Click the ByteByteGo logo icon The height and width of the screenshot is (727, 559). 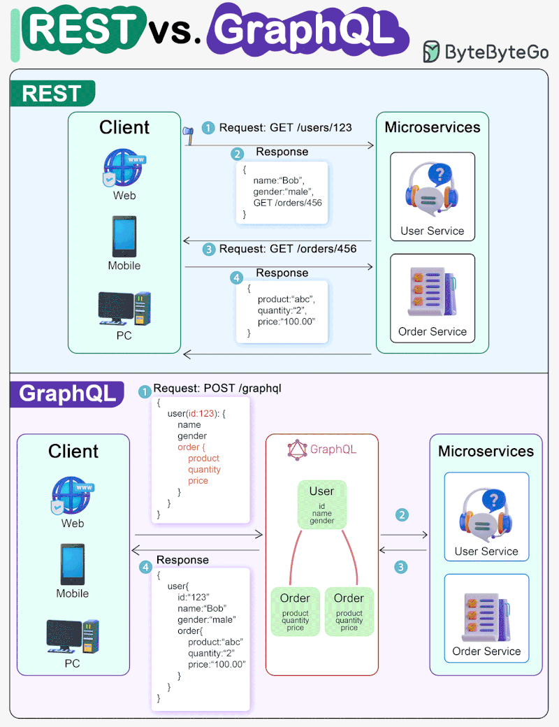pos(432,52)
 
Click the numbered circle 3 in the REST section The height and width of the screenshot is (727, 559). pos(208,250)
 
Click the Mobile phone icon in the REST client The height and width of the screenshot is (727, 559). pos(124,237)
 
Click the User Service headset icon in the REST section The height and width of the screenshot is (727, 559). pos(432,188)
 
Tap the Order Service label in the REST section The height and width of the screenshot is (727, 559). pos(432,332)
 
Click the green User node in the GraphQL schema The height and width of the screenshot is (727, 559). pos(321,503)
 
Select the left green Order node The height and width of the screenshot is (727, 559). pos(295,611)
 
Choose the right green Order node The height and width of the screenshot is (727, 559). pos(349,611)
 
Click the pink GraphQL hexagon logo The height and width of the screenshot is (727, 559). pos(297,449)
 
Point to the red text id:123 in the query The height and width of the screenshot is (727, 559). pos(204,413)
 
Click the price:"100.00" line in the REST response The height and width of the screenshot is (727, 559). pos(287,321)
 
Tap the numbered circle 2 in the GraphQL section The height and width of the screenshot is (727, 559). pos(402,515)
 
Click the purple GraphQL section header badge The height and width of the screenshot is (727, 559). pos(67,394)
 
